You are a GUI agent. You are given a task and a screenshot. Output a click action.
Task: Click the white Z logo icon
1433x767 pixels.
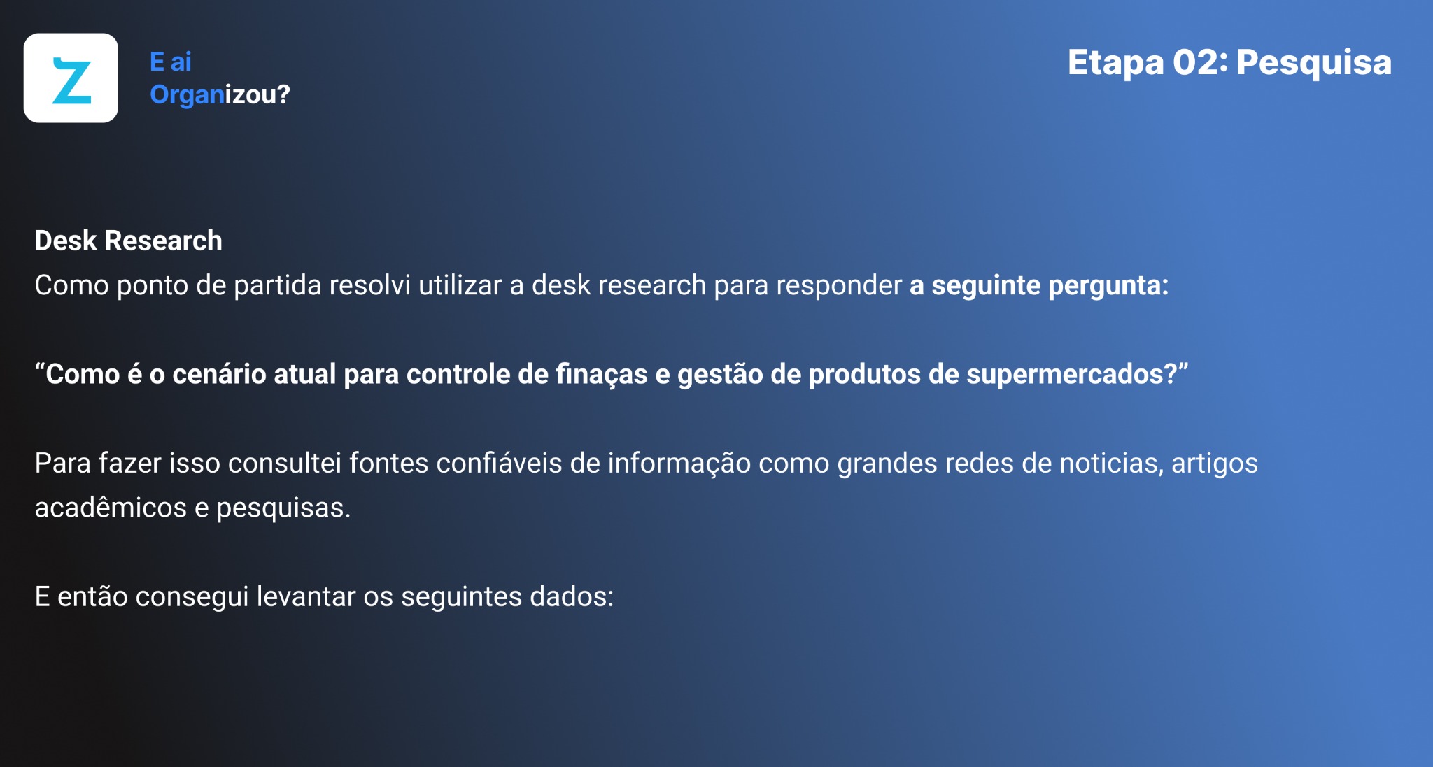tap(71, 78)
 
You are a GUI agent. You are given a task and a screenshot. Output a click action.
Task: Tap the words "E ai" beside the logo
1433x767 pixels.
tap(171, 62)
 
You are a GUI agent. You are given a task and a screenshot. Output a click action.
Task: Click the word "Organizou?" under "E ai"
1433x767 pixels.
tap(220, 95)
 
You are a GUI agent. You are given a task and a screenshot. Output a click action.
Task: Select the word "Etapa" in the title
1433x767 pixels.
tap(1115, 64)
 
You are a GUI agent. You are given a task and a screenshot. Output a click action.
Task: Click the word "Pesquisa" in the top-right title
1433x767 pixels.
tap(1314, 64)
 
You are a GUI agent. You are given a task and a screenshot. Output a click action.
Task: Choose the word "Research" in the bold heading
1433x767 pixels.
tap(163, 241)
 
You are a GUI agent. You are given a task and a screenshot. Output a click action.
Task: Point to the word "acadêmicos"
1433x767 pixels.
tap(111, 508)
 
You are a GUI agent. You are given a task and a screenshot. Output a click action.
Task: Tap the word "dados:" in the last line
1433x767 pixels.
tap(572, 597)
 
